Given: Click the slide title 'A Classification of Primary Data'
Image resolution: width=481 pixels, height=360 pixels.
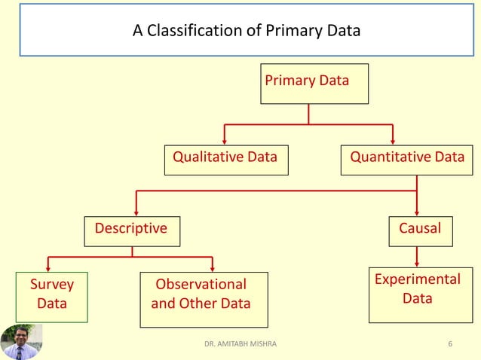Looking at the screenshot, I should pyautogui.click(x=247, y=31).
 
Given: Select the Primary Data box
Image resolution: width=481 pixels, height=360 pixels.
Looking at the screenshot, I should pyautogui.click(x=314, y=83).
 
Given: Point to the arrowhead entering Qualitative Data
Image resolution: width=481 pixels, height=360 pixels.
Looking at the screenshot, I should pyautogui.click(x=224, y=141).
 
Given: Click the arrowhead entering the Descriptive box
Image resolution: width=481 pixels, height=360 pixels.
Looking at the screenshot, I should pyautogui.click(x=136, y=212).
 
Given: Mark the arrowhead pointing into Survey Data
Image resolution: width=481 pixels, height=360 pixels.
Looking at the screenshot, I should pyautogui.click(x=49, y=268).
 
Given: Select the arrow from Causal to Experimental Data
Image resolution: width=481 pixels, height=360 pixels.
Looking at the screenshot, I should pyautogui.click(x=417, y=257).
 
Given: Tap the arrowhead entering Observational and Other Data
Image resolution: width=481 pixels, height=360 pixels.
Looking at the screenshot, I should pyautogui.click(x=213, y=268).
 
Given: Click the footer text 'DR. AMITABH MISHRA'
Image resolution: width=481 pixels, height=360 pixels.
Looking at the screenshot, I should pyautogui.click(x=240, y=344).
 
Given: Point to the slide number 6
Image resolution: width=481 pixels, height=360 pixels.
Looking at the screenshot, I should pyautogui.click(x=450, y=344).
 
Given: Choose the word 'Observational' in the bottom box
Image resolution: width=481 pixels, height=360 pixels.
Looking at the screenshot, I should pyautogui.click(x=201, y=285).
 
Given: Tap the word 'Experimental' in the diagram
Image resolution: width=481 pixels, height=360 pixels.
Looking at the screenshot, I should pyautogui.click(x=417, y=279).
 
